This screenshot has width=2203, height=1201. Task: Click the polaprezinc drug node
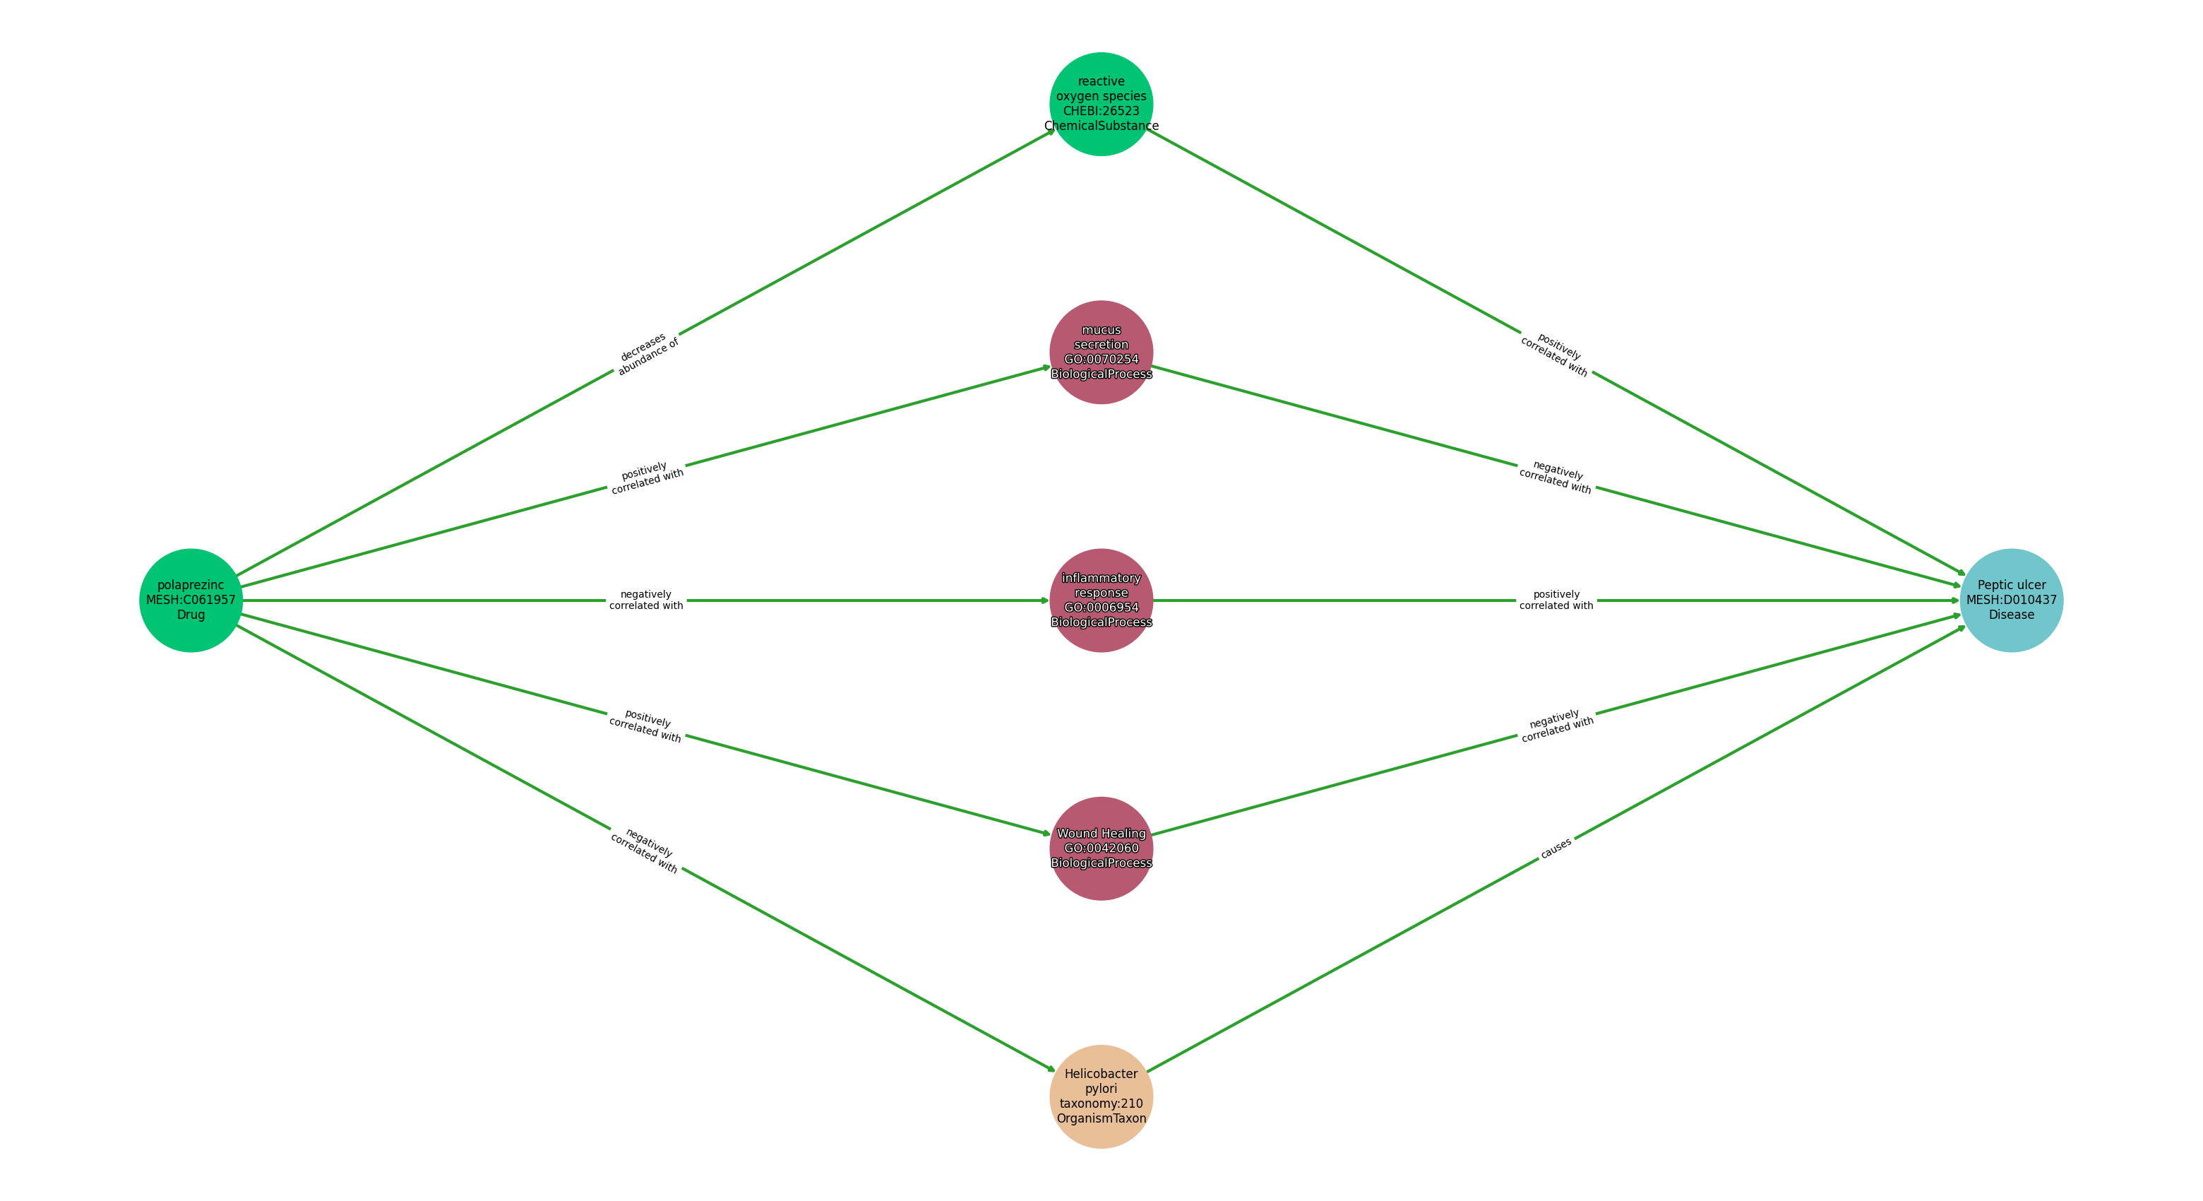(191, 600)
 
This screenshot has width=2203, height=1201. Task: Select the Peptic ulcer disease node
(2012, 600)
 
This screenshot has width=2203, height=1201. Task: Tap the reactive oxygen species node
(1101, 105)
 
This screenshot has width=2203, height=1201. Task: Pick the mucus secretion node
(1101, 353)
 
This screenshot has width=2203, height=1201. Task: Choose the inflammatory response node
(1101, 600)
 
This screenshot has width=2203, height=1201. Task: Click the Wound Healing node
(1101, 848)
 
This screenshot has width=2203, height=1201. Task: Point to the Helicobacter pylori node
(1101, 1096)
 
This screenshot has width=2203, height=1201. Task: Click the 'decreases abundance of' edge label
(647, 353)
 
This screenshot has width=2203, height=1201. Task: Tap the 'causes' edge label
(1556, 848)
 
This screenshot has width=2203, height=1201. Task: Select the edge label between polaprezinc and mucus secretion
(647, 478)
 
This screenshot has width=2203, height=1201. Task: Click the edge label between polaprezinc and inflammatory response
(647, 600)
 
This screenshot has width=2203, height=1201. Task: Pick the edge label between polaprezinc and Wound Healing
(647, 726)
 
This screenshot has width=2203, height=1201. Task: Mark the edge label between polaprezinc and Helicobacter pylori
(645, 851)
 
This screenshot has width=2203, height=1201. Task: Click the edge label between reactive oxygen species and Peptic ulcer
(1556, 354)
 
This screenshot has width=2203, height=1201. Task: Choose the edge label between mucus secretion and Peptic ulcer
(1556, 478)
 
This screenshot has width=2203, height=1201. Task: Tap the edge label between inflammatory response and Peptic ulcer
(1556, 600)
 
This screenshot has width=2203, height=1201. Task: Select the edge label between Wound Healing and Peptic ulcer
(1556, 726)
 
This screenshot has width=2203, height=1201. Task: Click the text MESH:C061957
(191, 600)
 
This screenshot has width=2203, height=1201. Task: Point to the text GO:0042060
(1101, 848)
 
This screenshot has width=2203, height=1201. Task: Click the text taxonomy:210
(1101, 1104)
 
